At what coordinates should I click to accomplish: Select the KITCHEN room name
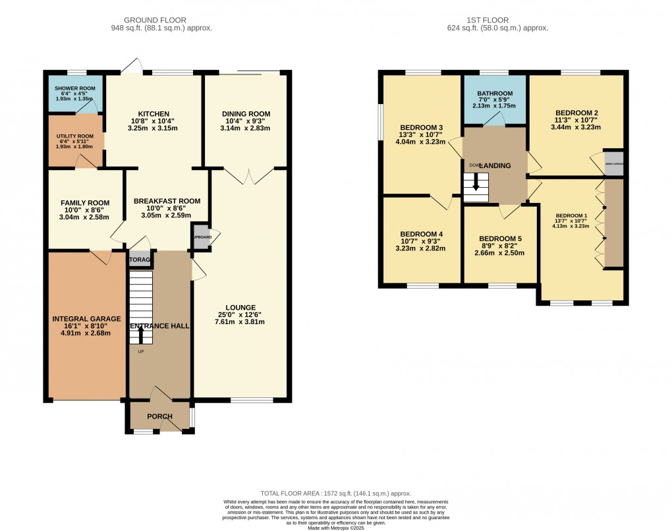point(154,114)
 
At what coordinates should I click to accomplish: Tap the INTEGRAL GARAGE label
point(86,319)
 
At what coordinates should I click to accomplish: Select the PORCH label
point(159,416)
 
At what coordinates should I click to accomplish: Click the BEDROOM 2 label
point(576,113)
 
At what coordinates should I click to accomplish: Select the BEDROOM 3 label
point(421,127)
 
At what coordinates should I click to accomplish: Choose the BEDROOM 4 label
point(421,234)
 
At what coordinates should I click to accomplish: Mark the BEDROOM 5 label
point(500,238)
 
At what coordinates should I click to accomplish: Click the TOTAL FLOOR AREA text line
point(336,493)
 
